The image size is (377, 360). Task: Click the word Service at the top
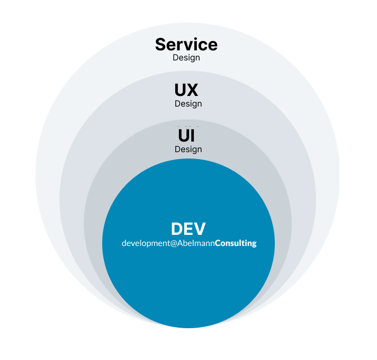[x=186, y=45]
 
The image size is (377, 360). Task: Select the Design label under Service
[x=186, y=57]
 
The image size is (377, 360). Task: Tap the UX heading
[x=186, y=90]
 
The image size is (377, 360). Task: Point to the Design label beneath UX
[x=188, y=103]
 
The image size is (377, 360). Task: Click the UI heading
[x=186, y=136]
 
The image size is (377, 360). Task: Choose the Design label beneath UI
[x=188, y=149]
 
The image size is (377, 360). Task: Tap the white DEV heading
[x=188, y=229]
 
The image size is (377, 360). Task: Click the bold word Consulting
[x=235, y=243]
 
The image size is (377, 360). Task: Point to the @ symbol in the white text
[x=174, y=243]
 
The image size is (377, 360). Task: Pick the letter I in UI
[x=192, y=136]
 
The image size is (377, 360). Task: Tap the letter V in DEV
[x=200, y=229]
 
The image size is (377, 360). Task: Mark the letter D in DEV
[x=177, y=229]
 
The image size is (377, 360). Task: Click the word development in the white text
[x=146, y=243]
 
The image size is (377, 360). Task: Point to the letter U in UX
[x=180, y=90]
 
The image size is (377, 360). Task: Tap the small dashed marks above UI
[x=188, y=126]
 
